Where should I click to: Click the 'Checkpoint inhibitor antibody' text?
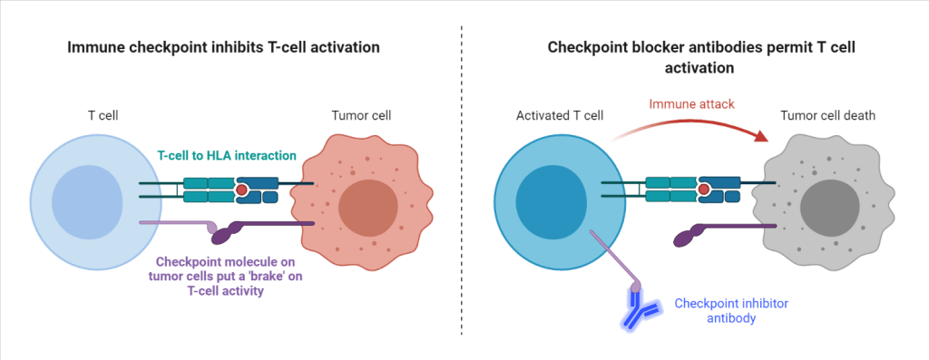click(x=724, y=311)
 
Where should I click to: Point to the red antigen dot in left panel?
click(x=241, y=190)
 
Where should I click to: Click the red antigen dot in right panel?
click(x=703, y=190)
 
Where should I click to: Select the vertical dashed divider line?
click(x=463, y=181)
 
